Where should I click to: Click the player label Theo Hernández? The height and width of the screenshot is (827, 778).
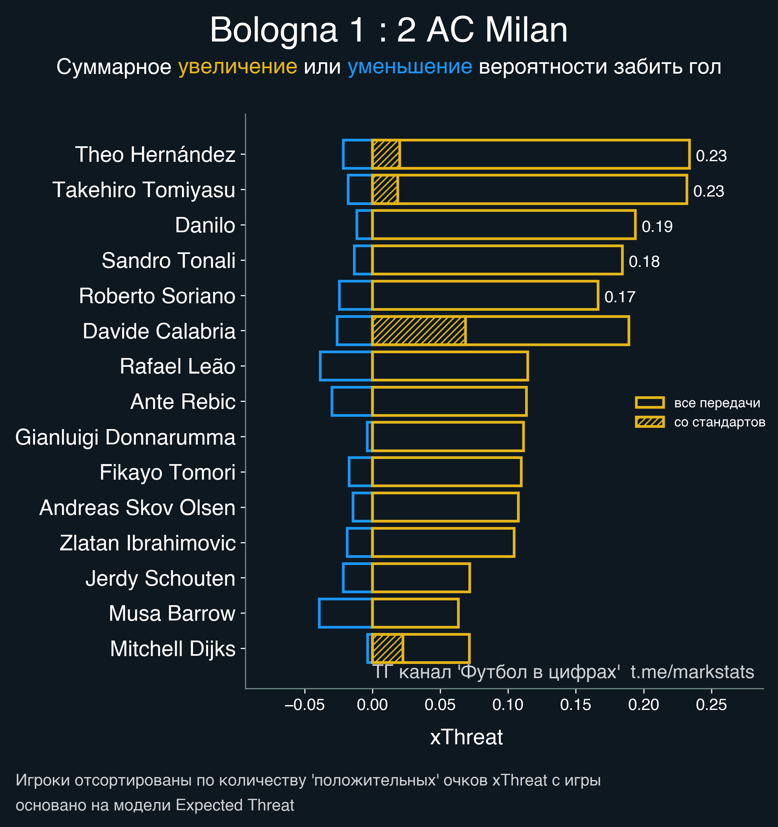pos(155,155)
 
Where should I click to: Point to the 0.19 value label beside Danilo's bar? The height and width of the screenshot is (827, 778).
pos(657,227)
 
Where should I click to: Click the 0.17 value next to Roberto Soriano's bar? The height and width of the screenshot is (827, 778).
pos(619,297)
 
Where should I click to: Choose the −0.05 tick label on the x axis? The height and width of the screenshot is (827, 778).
pos(304,705)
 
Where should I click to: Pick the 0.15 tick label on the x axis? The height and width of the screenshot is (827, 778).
pos(575,705)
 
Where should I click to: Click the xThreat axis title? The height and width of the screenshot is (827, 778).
pos(466,737)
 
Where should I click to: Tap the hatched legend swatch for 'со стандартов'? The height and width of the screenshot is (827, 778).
pos(650,422)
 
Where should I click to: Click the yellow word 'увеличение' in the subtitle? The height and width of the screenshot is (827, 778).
pos(237,66)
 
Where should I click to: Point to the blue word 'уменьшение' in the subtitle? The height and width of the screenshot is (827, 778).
pos(409,66)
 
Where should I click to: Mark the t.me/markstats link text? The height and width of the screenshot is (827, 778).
pos(692,672)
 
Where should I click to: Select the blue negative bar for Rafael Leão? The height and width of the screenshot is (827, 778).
pos(346,366)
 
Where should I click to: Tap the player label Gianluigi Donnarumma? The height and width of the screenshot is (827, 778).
pos(125,437)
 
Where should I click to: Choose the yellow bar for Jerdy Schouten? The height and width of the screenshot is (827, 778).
pos(420,578)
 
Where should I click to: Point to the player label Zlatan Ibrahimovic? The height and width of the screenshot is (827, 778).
pos(147,543)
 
